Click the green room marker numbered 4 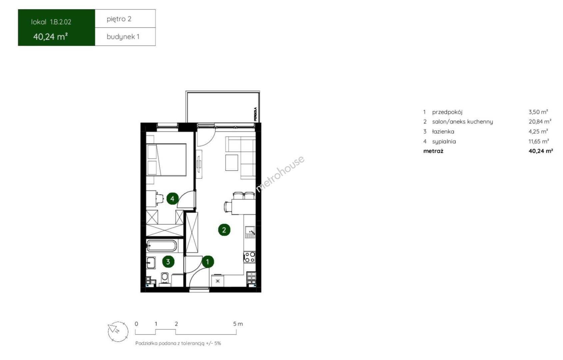point(173,199)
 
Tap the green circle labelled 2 point(224,230)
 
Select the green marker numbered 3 point(168,262)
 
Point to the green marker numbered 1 point(208,262)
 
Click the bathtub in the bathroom point(162,246)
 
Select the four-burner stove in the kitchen point(250,257)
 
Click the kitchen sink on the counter point(250,232)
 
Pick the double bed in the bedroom point(166,160)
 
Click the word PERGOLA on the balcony point(256,114)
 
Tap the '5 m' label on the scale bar point(238,324)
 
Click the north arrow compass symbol point(118,332)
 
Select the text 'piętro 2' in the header point(119,19)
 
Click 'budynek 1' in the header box point(123,37)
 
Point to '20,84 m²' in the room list point(540,122)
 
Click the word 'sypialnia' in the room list point(444,141)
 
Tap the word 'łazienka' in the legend point(443,131)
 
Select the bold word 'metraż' point(433,151)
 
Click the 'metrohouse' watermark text point(280,174)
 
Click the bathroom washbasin point(151,263)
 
